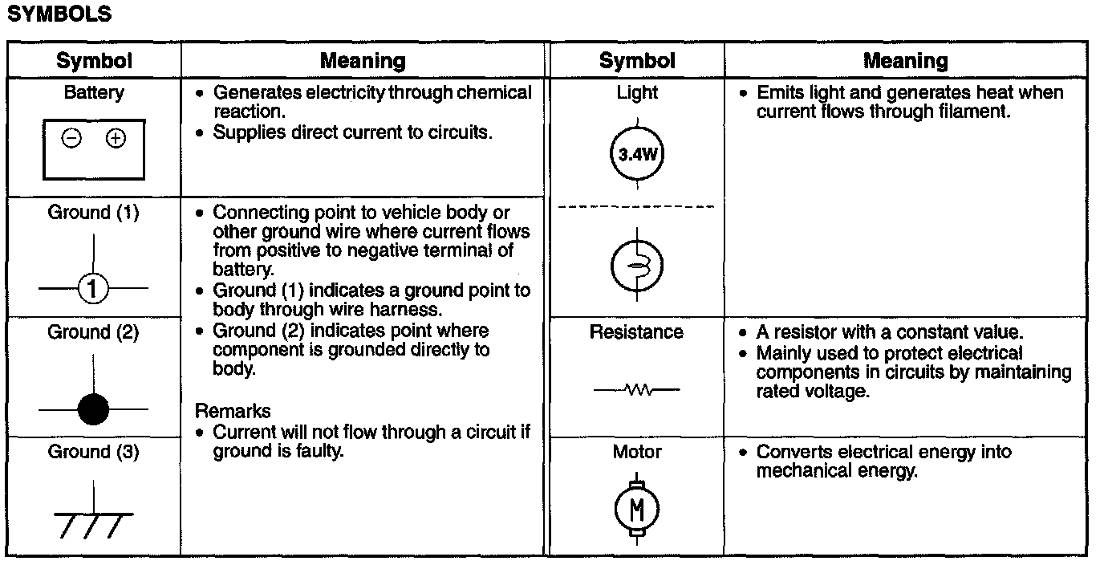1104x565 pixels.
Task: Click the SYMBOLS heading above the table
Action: point(59,15)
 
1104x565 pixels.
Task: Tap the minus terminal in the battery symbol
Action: point(71,139)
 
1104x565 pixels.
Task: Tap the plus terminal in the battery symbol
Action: point(116,139)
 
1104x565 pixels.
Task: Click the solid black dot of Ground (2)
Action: point(93,410)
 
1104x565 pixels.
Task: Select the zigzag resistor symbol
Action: point(637,391)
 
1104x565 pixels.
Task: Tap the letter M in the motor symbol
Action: point(636,508)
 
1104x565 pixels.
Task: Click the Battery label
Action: point(94,93)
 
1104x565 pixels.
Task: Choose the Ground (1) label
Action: point(93,213)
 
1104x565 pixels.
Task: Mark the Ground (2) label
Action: point(93,332)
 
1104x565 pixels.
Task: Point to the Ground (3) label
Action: point(93,452)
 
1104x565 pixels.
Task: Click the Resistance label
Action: point(636,332)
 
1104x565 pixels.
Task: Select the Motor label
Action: point(637,452)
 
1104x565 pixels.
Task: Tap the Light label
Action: point(637,93)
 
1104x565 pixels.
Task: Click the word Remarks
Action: point(233,412)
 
